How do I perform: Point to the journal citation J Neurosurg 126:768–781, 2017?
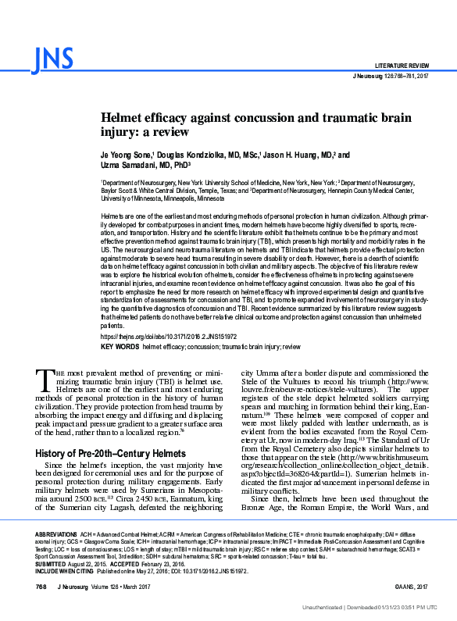coord(391,75)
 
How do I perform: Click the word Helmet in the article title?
coord(123,116)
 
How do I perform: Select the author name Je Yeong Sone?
coord(126,155)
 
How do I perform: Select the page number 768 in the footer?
coord(42,587)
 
